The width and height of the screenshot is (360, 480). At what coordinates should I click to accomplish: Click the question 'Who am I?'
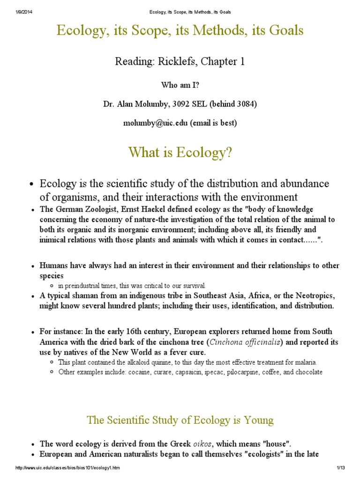pyautogui.click(x=180, y=85)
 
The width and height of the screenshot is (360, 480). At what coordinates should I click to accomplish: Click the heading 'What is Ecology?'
pyautogui.click(x=180, y=153)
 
